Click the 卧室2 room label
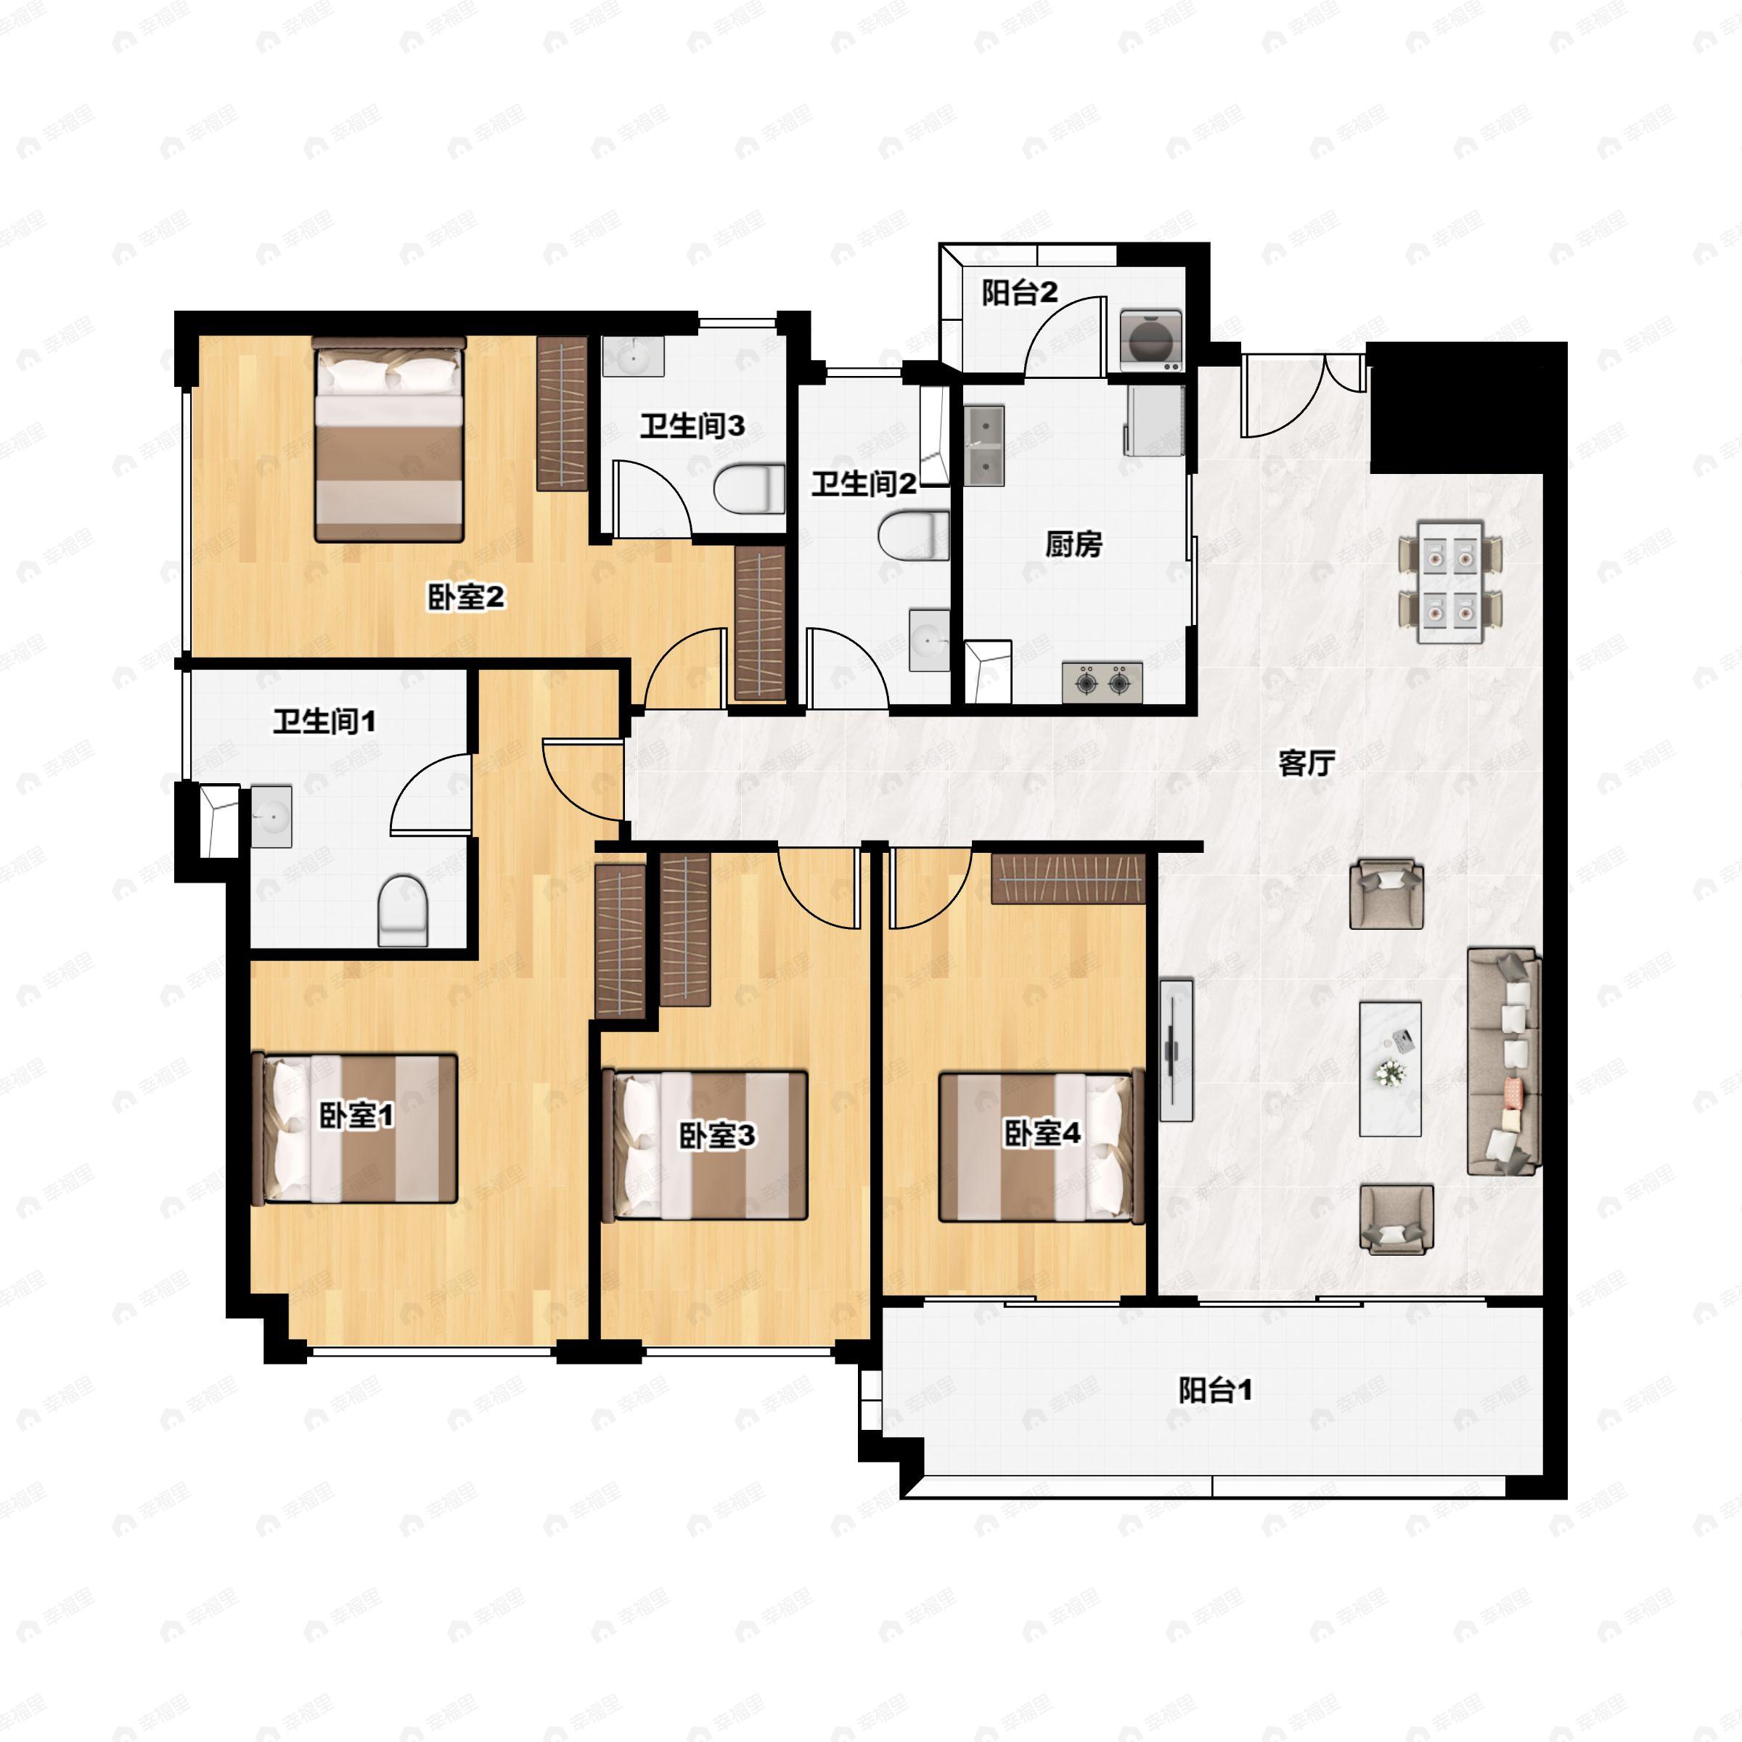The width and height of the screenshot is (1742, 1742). point(465,596)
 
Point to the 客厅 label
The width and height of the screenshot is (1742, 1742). point(1306,763)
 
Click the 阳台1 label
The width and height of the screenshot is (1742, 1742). point(1216,1389)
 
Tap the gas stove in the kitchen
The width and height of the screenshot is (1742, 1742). point(1102,682)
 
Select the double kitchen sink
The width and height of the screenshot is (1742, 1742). point(985,446)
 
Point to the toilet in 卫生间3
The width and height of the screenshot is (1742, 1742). point(749,488)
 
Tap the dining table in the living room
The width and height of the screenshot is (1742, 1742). point(1450,581)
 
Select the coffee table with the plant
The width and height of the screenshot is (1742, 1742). point(1391,1068)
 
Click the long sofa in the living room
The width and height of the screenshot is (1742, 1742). point(1503,1061)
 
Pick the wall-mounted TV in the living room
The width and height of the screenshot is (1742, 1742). point(1175,1050)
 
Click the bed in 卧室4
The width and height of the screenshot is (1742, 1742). point(1042,1147)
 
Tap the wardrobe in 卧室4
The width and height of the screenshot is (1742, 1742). point(1068,878)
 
